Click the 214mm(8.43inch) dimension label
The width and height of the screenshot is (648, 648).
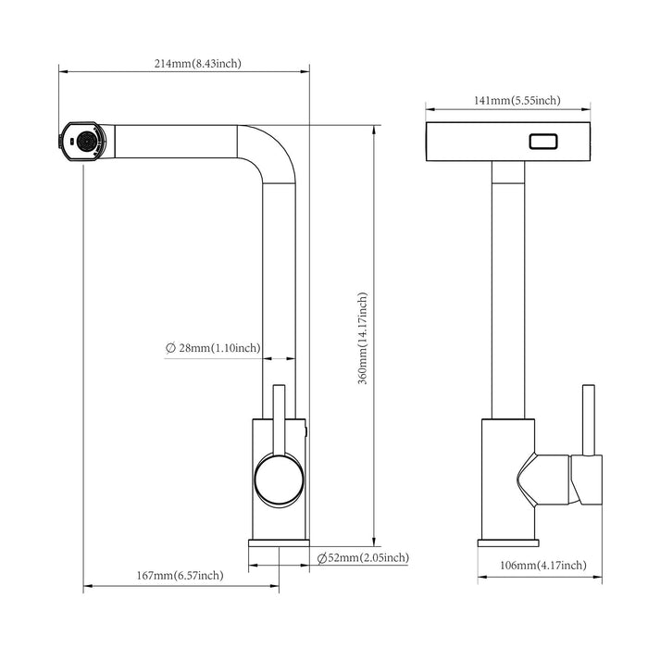click(198, 64)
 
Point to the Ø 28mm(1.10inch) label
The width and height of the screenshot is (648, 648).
click(213, 348)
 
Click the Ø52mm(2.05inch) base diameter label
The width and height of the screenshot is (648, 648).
click(362, 557)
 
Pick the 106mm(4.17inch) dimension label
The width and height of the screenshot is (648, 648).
click(542, 565)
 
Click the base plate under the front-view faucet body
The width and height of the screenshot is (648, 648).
click(508, 543)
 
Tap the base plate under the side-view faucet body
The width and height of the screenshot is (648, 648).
click(279, 543)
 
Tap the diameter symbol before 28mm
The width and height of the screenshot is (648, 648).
click(171, 348)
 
